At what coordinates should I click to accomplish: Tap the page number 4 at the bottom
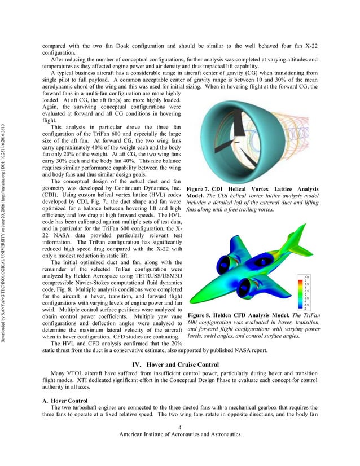point(179,427)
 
